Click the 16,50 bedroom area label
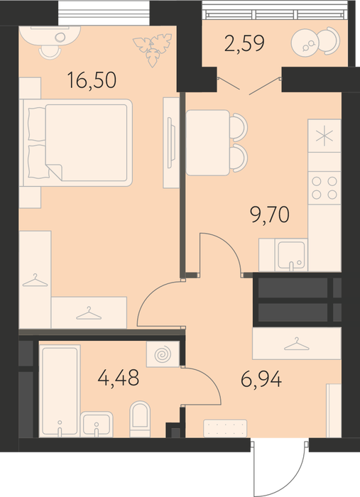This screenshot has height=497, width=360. coord(92,80)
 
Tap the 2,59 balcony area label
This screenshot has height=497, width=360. coord(244,43)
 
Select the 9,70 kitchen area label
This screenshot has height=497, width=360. coord(270,214)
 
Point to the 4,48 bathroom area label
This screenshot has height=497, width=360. coord(119,378)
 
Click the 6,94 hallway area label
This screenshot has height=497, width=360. coord(261,379)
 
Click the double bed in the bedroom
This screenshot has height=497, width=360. coord(76,142)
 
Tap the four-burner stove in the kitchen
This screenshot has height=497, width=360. coord(324,187)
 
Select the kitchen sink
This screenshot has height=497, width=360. coord(293,255)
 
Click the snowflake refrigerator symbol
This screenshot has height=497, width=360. coord(324,137)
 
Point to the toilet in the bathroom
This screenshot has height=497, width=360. coord(140,419)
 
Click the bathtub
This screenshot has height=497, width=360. coord(60,391)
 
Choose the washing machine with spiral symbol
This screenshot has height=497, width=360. coord(163,354)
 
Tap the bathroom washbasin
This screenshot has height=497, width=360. coord(97,425)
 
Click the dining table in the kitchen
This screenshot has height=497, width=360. coord(207,143)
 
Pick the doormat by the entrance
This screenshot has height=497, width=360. coord(225,428)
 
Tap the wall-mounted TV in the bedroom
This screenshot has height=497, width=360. coord(171,142)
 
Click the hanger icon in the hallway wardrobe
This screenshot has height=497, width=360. coord(296,344)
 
